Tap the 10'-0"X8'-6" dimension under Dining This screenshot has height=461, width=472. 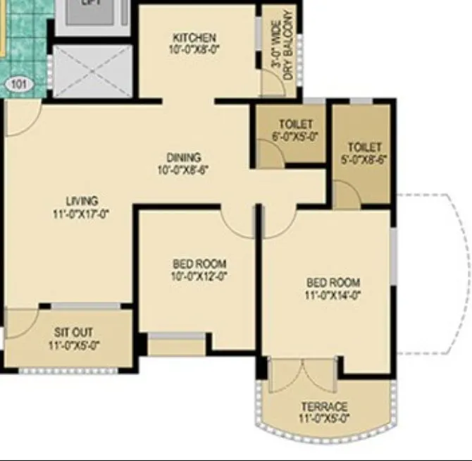(x=184, y=169)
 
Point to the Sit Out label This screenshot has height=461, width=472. (x=74, y=333)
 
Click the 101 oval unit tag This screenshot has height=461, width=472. (x=20, y=85)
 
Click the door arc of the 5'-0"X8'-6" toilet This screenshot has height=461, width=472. (x=346, y=193)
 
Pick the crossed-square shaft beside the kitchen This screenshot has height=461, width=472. (x=93, y=71)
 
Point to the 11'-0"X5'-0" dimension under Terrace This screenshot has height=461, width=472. (x=324, y=419)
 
